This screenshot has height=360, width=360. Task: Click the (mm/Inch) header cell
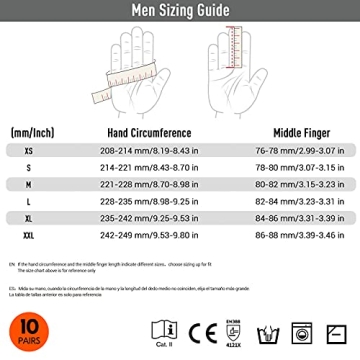33,132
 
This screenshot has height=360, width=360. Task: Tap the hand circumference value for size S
149,168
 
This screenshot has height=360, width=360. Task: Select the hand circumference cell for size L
149,201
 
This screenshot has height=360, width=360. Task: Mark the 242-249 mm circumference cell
149,235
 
